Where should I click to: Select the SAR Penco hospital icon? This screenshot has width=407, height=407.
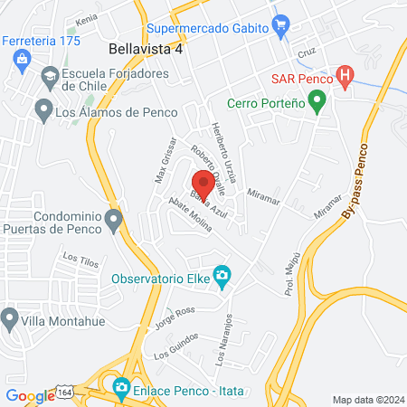pos(345,77)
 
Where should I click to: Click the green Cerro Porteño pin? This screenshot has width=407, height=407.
pos(317,103)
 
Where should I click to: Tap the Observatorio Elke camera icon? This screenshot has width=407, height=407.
pos(222,275)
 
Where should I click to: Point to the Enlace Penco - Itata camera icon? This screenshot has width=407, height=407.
pos(122,389)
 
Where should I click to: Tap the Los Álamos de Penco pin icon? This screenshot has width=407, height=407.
pos(43,111)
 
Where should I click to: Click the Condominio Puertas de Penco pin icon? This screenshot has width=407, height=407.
pos(113,220)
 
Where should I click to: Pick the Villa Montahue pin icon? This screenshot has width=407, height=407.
pos(10,317)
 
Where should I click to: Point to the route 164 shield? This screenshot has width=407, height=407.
pos(67,390)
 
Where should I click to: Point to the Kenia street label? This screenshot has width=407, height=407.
pos(87,18)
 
